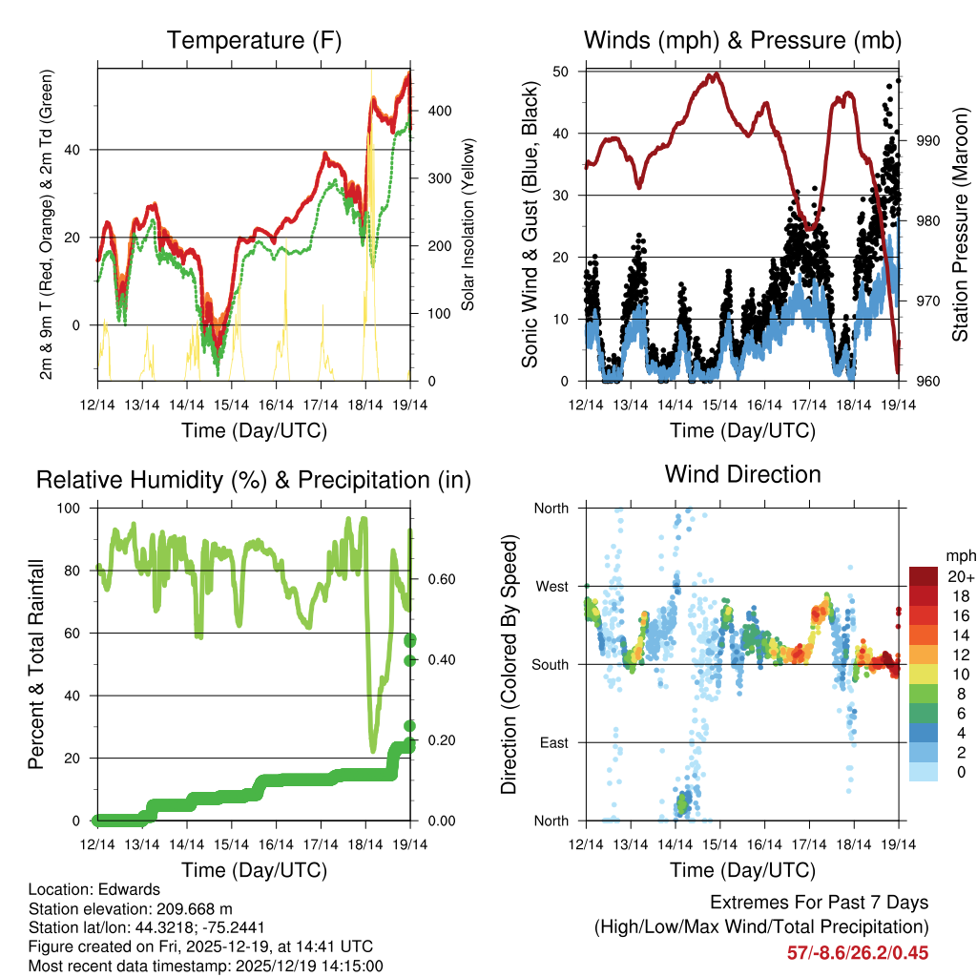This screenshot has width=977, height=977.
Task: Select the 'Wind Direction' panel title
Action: point(742,473)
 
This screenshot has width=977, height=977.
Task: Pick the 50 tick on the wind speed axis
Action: point(560,72)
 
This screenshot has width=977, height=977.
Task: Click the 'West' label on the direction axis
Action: point(551,586)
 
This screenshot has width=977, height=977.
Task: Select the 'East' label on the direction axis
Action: point(552,742)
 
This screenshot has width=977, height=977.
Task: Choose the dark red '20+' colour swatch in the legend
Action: point(924,575)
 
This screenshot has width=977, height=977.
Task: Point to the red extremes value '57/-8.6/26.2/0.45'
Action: point(857,952)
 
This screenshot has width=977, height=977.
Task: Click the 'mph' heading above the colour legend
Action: point(959,555)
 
